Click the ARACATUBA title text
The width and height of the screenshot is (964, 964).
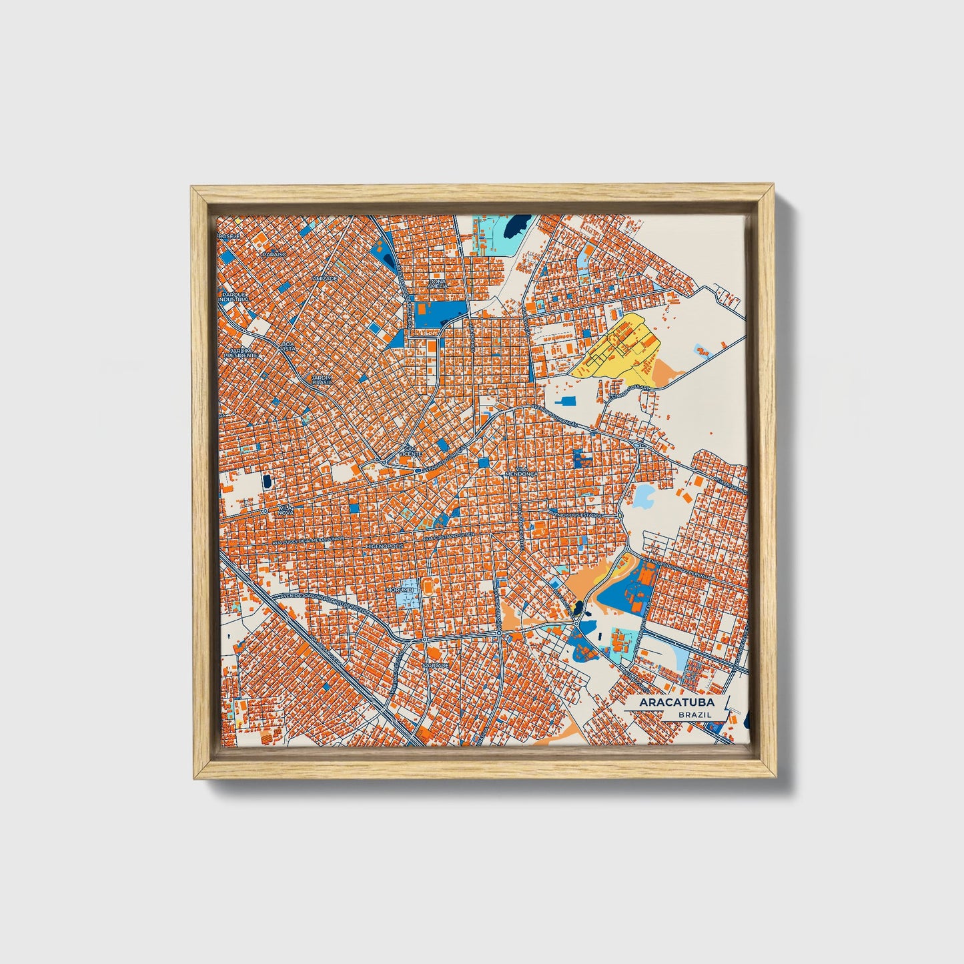pyautogui.click(x=676, y=702)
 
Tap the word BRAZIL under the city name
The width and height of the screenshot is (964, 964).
pyautogui.click(x=694, y=714)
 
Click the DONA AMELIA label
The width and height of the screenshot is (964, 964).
pyautogui.click(x=438, y=284)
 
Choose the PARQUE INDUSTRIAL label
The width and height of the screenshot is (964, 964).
pyautogui.click(x=235, y=296)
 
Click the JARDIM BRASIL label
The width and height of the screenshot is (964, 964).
pyautogui.click(x=322, y=379)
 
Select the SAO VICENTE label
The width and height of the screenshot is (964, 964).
pyautogui.click(x=410, y=451)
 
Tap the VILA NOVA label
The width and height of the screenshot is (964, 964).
pyautogui.click(x=286, y=510)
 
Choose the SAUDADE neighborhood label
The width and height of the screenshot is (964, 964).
pyautogui.click(x=434, y=665)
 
